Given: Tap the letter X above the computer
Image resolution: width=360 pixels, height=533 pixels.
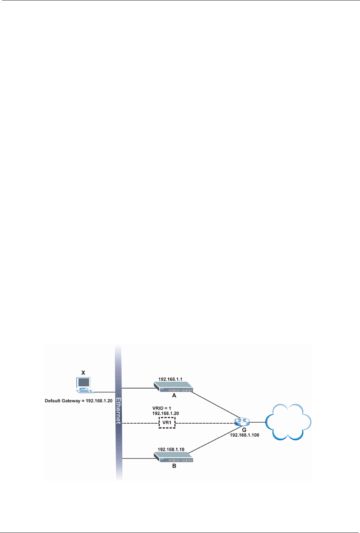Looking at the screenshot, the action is point(83,372).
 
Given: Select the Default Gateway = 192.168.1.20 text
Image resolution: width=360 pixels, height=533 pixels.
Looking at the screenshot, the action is point(79,401).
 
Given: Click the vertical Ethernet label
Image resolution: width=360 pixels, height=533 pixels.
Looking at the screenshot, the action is point(118,411).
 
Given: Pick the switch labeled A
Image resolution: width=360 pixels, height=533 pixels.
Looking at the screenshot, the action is point(174,388).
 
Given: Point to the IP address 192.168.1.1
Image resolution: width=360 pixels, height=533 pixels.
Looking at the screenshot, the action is point(170,379).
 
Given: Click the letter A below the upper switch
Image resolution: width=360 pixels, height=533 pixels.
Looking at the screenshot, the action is point(174,396).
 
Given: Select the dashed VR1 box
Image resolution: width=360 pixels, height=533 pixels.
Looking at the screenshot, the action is point(167,423).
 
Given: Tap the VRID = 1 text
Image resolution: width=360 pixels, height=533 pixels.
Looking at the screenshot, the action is point(162,408).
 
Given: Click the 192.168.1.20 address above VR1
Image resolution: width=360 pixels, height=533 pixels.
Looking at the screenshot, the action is point(165,413).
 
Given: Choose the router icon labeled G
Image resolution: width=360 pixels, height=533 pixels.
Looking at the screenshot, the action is point(242,422).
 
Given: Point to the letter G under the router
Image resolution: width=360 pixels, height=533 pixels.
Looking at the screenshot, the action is point(244,430).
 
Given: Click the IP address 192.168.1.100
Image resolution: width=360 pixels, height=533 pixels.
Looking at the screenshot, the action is point(245,435).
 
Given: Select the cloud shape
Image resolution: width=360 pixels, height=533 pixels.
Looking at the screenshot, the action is point(289,422).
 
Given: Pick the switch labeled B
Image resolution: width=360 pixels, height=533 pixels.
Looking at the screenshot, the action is point(174,457).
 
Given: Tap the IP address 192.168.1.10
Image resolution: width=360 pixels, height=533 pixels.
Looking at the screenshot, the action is point(171,449).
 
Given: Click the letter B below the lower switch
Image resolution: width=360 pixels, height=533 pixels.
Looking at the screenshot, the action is point(174,466).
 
